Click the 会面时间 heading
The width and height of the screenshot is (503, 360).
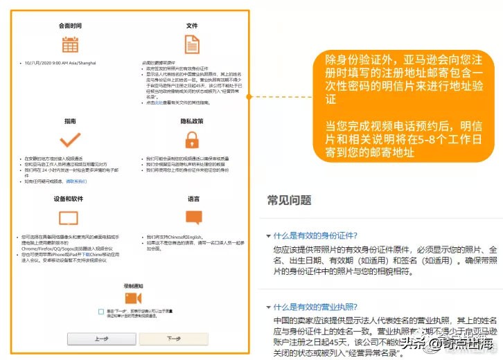tap(70, 26)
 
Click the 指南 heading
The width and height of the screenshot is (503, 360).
tap(70, 120)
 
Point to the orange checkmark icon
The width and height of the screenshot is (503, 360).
tap(70, 141)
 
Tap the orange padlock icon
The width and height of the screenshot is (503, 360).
tap(193, 141)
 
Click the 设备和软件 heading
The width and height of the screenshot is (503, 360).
tap(70, 199)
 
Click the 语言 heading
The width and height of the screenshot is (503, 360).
tap(193, 199)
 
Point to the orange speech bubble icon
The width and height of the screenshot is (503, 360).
tap(194, 217)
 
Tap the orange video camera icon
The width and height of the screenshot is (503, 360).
tap(134, 298)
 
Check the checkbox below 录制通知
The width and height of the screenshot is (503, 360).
tap(101, 313)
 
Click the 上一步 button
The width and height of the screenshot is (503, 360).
tap(101, 339)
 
